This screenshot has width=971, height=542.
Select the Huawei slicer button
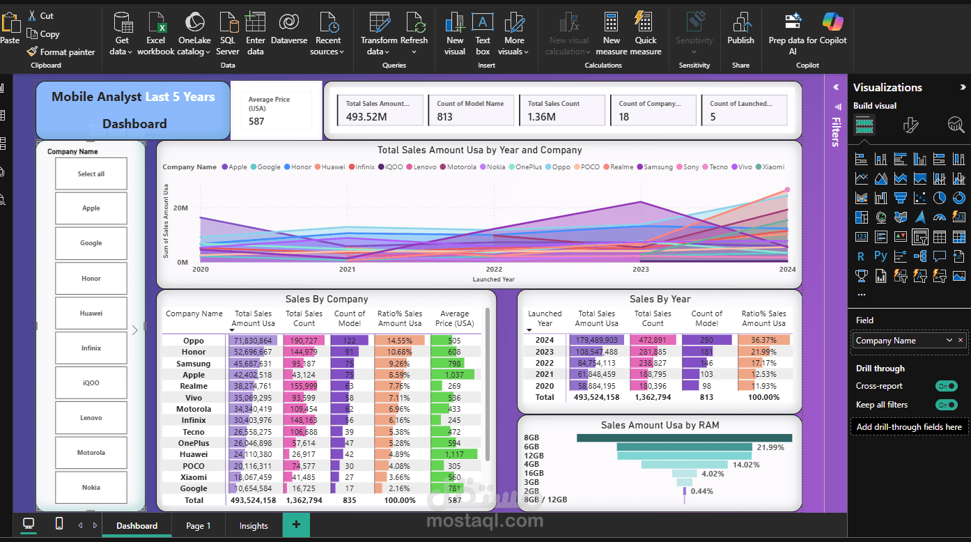[x=91, y=313]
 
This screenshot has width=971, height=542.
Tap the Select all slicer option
[x=91, y=174]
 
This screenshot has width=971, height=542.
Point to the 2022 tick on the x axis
[x=494, y=270]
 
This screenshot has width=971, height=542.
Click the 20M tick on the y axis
[x=180, y=208]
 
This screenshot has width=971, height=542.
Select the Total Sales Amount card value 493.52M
[x=366, y=117]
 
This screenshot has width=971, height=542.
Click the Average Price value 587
[x=257, y=121]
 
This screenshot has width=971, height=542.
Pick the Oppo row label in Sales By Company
[x=194, y=341]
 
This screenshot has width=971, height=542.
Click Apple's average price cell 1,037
[x=454, y=375]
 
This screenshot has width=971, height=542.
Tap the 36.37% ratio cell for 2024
[x=764, y=340]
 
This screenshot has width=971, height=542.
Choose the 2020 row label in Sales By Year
[x=545, y=385]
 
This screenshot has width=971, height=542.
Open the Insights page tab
[x=254, y=526]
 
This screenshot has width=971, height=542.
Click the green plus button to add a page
[x=296, y=525]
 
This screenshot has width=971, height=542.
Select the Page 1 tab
[x=198, y=526]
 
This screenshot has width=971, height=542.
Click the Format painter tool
[x=61, y=52]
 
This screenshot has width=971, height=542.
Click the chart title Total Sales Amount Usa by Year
[x=479, y=150]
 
